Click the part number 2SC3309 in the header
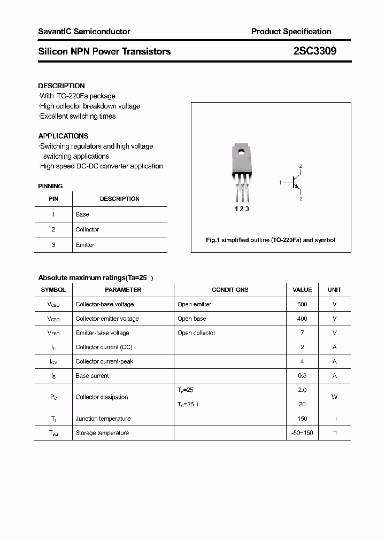[314, 51]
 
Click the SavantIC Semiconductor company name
[84, 32]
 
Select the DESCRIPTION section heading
[61, 86]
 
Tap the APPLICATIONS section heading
[63, 136]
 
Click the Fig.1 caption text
[271, 240]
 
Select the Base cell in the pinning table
[82, 214]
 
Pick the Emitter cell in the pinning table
[85, 245]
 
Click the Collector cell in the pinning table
[87, 229]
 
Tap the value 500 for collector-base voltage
[302, 304]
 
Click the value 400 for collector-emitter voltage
[302, 319]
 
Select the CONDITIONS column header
[230, 290]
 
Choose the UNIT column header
[334, 290]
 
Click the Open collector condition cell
[196, 333]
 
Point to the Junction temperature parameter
[103, 419]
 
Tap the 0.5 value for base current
[302, 376]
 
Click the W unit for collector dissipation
[334, 397]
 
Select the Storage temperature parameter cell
[102, 433]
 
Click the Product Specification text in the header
[291, 32]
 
